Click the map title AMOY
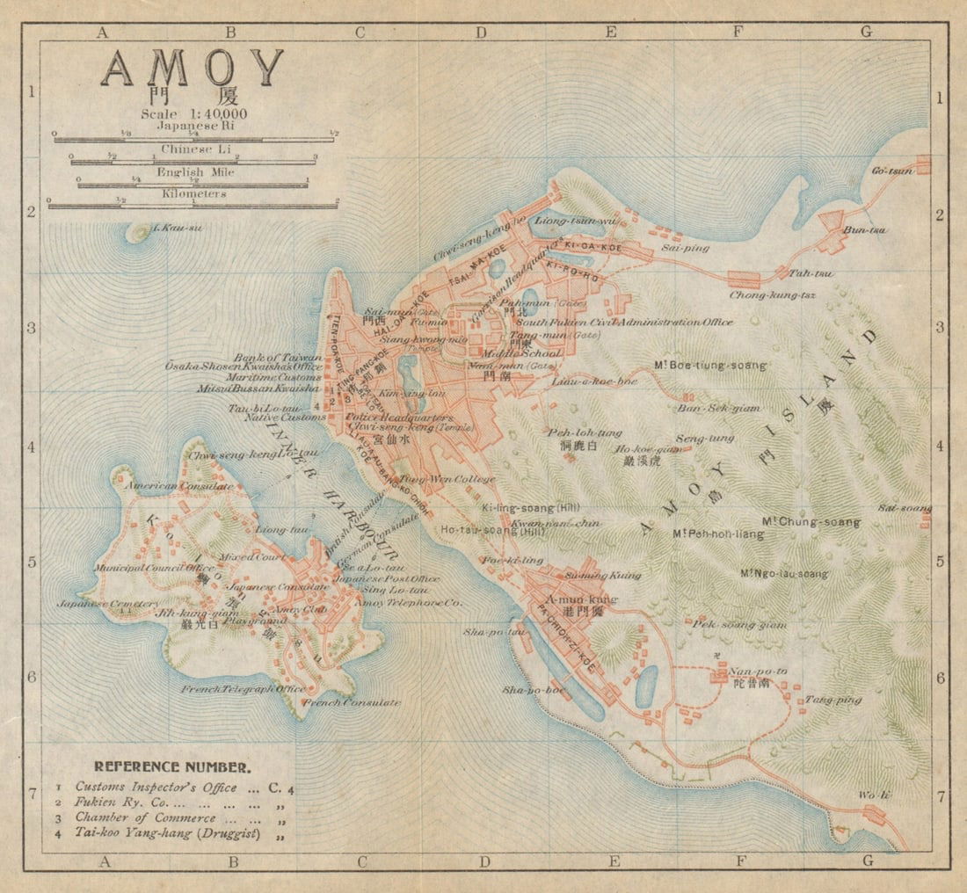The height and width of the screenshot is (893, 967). pos(193,69)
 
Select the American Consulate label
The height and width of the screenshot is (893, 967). pos(179,486)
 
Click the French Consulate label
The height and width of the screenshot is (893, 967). pos(352,702)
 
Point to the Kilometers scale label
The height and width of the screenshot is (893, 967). pos(193,193)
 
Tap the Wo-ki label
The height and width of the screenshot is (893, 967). pos(875,795)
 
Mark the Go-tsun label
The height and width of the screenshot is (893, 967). pos(892,171)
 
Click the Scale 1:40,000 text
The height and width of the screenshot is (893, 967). pos(193,113)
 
